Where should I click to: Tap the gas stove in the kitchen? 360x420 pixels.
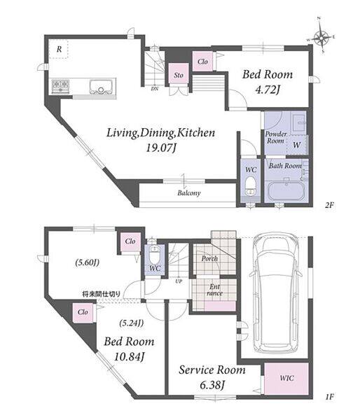click(x=60, y=86)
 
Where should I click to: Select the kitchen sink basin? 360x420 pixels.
click(x=101, y=86)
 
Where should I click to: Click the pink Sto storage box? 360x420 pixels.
click(x=179, y=74)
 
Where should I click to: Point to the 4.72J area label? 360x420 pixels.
click(x=268, y=90)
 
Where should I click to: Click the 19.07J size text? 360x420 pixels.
click(x=161, y=148)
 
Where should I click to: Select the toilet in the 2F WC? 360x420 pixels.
click(x=251, y=186)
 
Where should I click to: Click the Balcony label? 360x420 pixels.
click(x=189, y=193)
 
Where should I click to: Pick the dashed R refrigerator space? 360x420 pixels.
click(x=59, y=49)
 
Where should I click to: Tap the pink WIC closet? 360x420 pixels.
click(x=286, y=379)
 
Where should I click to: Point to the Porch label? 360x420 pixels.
click(x=209, y=258)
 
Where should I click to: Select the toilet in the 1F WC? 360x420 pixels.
click(x=154, y=255)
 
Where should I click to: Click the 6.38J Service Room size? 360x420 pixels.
click(x=212, y=385)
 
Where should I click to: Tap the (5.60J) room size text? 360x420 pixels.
click(x=87, y=262)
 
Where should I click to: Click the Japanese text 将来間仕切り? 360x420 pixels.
click(x=102, y=293)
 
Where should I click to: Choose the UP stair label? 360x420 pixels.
click(x=179, y=281)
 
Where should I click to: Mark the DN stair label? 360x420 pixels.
click(x=155, y=89)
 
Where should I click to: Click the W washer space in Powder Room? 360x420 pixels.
click(x=297, y=145)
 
